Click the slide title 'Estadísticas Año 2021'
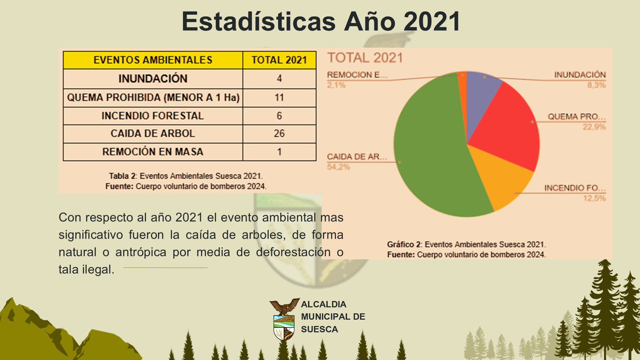[321, 21]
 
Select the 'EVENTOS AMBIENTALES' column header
[153, 60]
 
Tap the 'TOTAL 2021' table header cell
[279, 60]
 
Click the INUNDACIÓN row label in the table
[153, 79]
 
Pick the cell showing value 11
[279, 98]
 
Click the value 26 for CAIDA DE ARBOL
[279, 134]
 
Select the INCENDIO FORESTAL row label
[153, 116]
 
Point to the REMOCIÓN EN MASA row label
[153, 152]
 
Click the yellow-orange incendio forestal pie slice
[503, 177]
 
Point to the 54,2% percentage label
[338, 167]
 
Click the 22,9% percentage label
[594, 127]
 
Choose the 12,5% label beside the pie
[594, 198]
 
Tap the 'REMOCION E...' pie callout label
[357, 75]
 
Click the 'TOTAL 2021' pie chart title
[365, 58]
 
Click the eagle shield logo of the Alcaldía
[284, 319]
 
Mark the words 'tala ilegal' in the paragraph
[86, 269]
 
